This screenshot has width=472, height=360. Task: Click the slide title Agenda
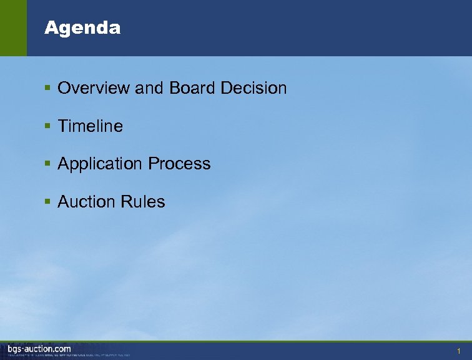pyautogui.click(x=82, y=28)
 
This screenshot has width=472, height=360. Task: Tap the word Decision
pyautogui.click(x=253, y=88)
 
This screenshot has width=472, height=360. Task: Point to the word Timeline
pyautogui.click(x=91, y=126)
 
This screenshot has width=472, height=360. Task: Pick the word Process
pyautogui.click(x=179, y=164)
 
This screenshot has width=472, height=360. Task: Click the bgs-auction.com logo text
pyautogui.click(x=39, y=348)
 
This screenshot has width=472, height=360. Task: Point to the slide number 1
pyautogui.click(x=458, y=351)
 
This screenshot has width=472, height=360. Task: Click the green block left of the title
pyautogui.click(x=13, y=28)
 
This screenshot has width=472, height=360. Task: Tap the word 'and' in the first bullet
pyautogui.click(x=148, y=88)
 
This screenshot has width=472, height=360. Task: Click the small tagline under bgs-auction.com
pyautogui.click(x=69, y=355)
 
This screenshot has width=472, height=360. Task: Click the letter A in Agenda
pyautogui.click(x=50, y=28)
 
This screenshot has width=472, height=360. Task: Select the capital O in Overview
pyautogui.click(x=64, y=88)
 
